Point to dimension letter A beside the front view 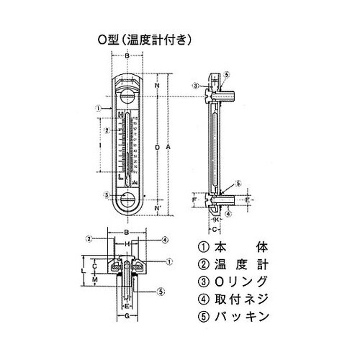coord(168,147)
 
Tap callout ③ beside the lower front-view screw coord(106,194)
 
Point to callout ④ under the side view coord(228,213)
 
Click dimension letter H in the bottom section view coord(127,244)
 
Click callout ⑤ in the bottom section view coord(161,291)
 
